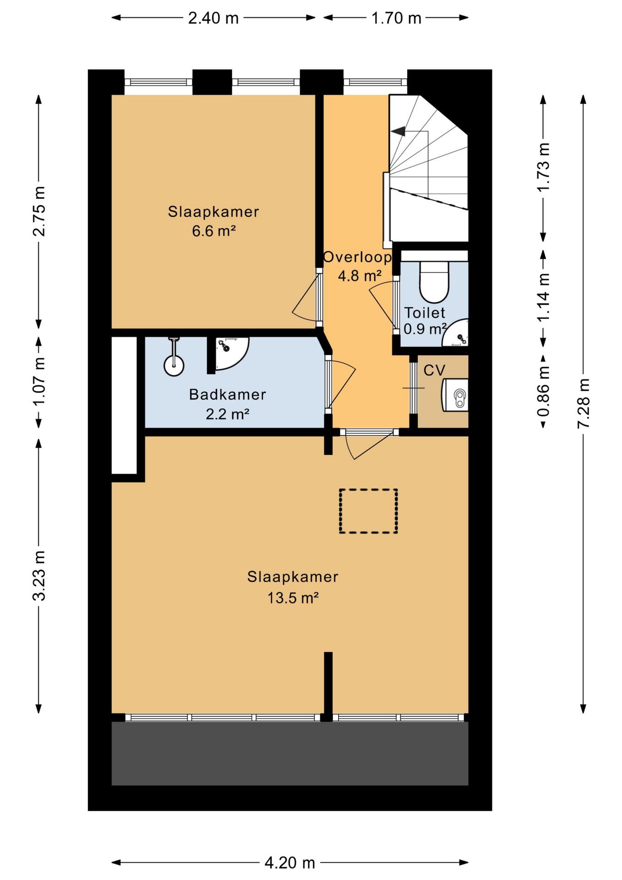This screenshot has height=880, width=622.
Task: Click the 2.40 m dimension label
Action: (x=213, y=18)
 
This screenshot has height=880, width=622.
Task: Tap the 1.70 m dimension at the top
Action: (x=396, y=18)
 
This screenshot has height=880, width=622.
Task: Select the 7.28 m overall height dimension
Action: (x=583, y=403)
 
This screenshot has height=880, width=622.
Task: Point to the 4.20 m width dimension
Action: (x=290, y=863)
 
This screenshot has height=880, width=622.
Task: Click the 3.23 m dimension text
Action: (x=39, y=576)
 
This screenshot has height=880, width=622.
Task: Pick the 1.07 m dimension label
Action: (x=39, y=382)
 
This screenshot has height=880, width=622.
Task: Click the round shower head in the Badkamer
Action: (x=174, y=365)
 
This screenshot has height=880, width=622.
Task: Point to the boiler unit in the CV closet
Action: (x=456, y=395)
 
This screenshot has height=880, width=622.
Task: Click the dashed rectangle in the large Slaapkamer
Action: (x=368, y=511)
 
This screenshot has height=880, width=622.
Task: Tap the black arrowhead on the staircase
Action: (x=398, y=131)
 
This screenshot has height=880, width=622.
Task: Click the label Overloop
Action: (x=357, y=258)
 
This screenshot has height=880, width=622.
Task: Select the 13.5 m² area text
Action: (x=293, y=598)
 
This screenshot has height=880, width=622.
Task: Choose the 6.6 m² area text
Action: (x=214, y=231)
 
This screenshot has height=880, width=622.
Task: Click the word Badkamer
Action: (x=228, y=395)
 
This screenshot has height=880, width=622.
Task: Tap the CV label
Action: (x=434, y=370)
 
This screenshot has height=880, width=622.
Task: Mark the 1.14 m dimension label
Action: (x=543, y=297)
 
